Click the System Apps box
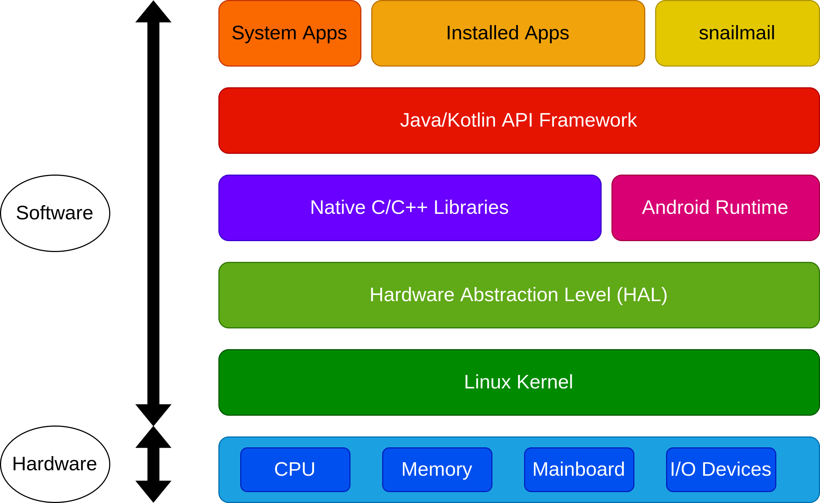290,33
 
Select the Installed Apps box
508,33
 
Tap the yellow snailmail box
737,33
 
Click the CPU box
295,470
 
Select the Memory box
437,470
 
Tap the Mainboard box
579,470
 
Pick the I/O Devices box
721,470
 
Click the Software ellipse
55,213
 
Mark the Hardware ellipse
55,464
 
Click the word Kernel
544,382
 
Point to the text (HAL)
642,295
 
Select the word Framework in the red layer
588,120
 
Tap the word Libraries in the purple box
471,207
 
